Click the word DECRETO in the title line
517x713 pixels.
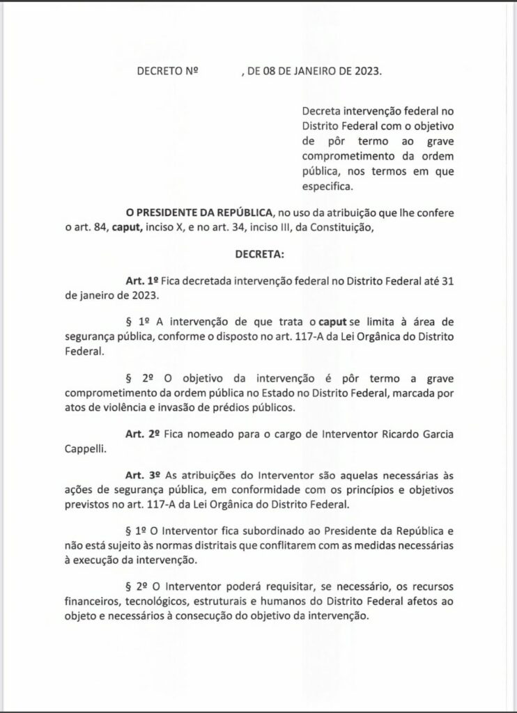tap(161, 70)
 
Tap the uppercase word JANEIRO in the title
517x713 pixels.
tap(318, 70)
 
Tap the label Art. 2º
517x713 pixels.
tap(142, 435)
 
